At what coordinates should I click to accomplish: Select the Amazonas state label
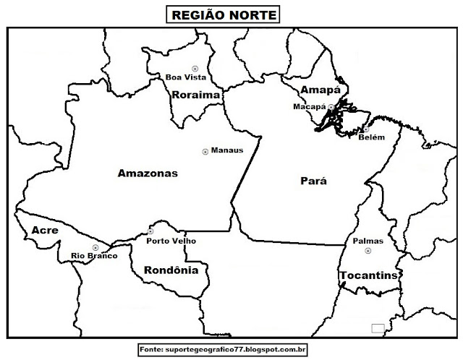147,173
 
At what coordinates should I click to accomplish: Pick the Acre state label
44,230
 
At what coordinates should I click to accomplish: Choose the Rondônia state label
166,271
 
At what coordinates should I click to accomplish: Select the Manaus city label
226,151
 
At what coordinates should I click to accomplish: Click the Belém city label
372,137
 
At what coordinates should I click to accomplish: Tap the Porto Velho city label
171,241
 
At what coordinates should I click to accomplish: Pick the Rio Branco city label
94,256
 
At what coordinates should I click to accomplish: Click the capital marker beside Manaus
205,151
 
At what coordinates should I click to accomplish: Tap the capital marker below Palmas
368,251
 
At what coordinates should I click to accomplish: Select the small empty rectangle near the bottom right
377,328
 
